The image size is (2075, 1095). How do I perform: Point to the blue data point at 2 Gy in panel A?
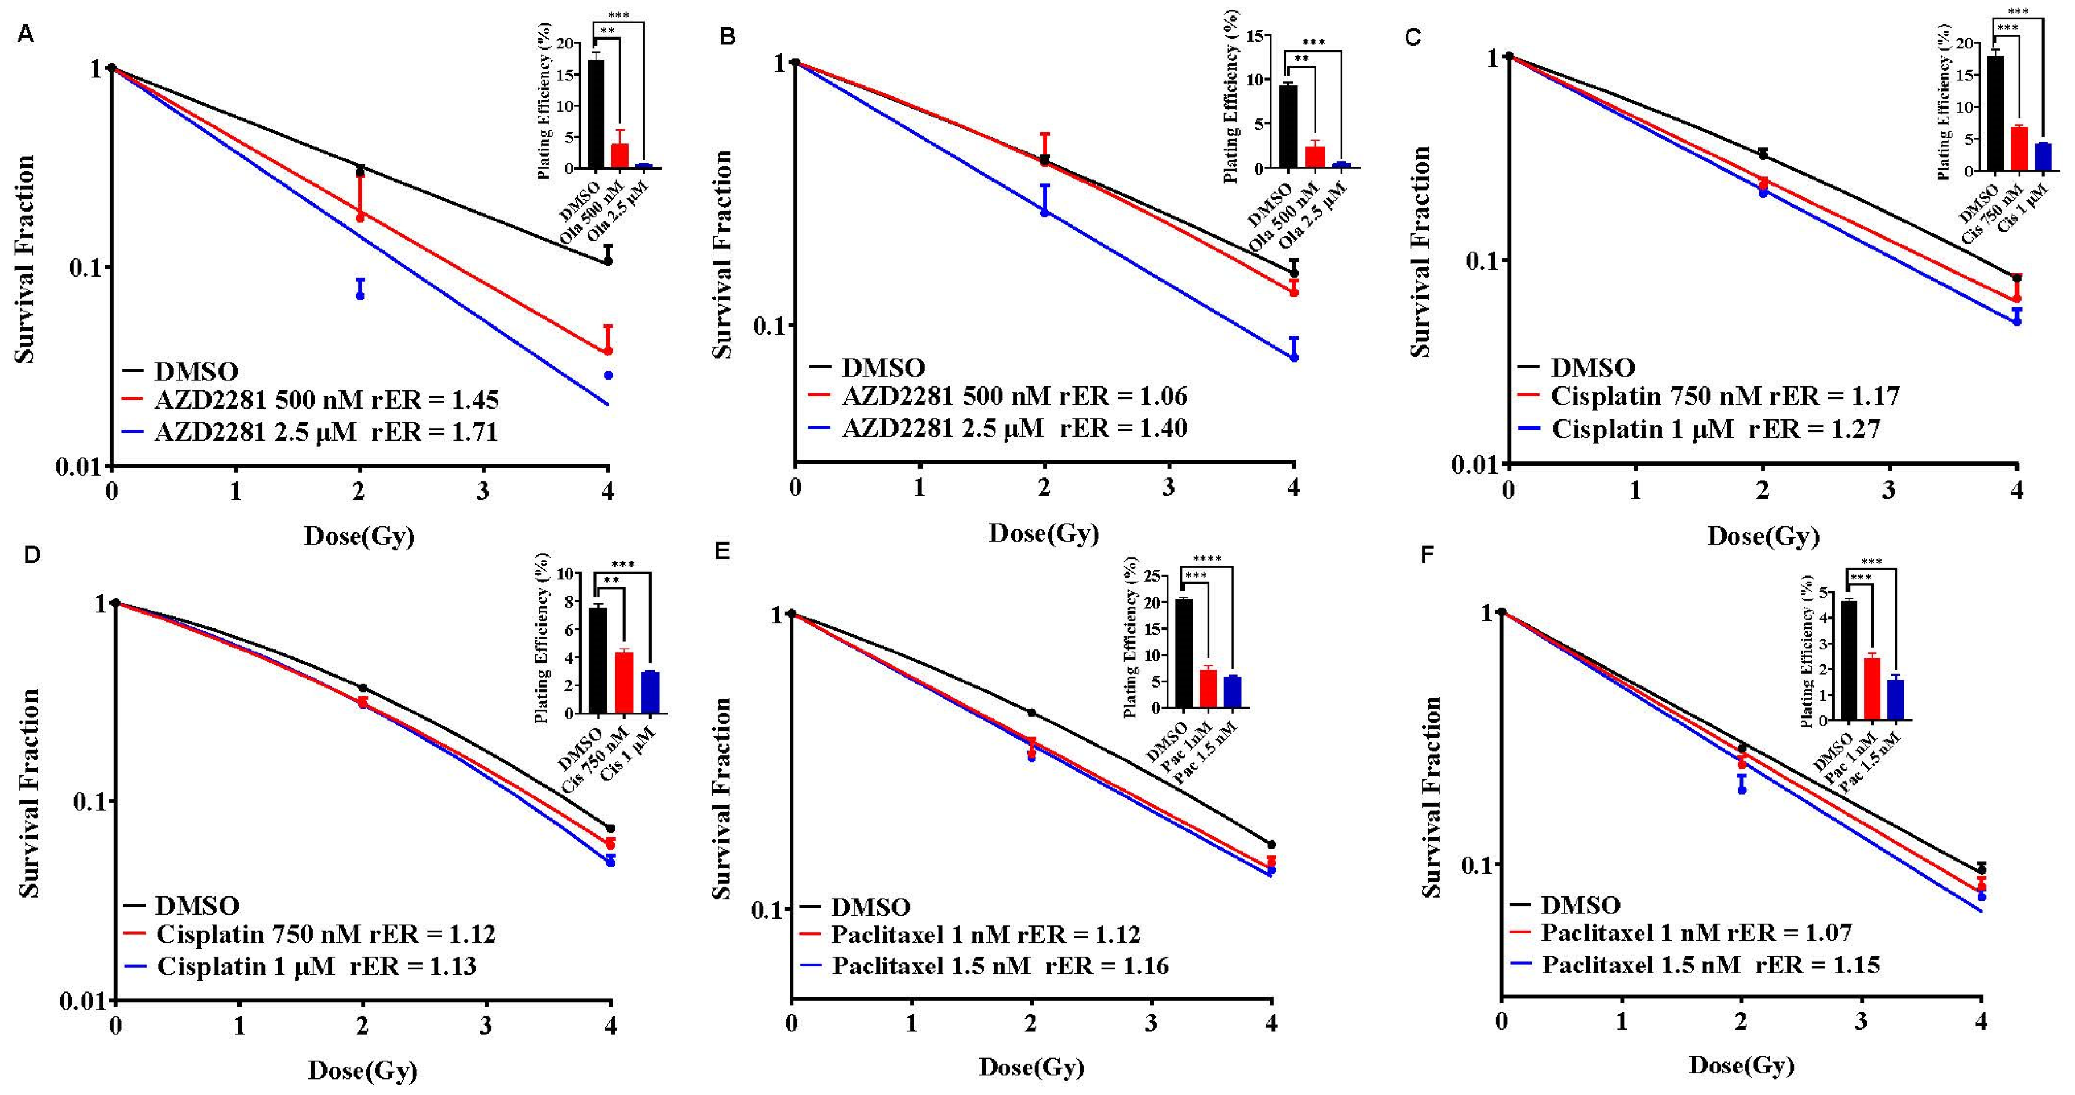[x=360, y=295]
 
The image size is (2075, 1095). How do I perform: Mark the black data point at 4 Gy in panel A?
[x=608, y=261]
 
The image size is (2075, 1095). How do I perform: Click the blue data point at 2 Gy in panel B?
[x=1045, y=213]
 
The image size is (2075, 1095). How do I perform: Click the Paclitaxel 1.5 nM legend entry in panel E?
[x=931, y=965]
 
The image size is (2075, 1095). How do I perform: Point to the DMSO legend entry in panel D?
[x=197, y=905]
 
